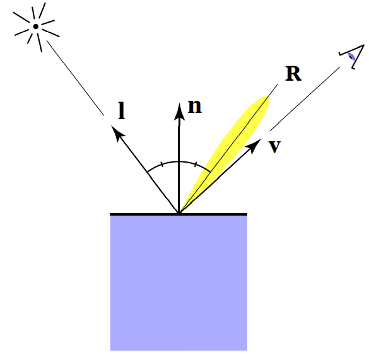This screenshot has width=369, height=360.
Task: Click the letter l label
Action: click(121, 110)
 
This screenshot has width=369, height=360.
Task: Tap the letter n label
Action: click(195, 107)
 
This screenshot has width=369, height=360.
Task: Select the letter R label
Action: click(293, 73)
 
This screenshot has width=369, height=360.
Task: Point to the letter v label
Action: click(274, 146)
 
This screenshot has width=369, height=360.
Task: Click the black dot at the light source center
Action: click(36, 26)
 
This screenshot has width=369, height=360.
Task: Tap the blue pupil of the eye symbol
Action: click(351, 57)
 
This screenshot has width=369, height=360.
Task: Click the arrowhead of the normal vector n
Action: click(179, 112)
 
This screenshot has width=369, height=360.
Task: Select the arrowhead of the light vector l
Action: click(117, 132)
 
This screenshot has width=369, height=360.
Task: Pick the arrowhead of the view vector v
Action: click(254, 146)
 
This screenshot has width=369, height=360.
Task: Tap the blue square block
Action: click(179, 283)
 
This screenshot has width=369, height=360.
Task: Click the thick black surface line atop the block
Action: click(179, 214)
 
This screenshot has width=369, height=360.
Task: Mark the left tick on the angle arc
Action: click(162, 165)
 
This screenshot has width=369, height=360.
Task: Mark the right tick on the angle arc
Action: click(196, 165)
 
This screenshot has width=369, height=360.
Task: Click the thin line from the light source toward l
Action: click(75, 78)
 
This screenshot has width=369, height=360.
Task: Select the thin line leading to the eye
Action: click(305, 99)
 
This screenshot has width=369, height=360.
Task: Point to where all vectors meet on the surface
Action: click(179, 212)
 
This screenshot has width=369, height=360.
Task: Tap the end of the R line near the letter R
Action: click(278, 84)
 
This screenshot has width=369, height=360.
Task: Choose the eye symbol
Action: click(352, 57)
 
